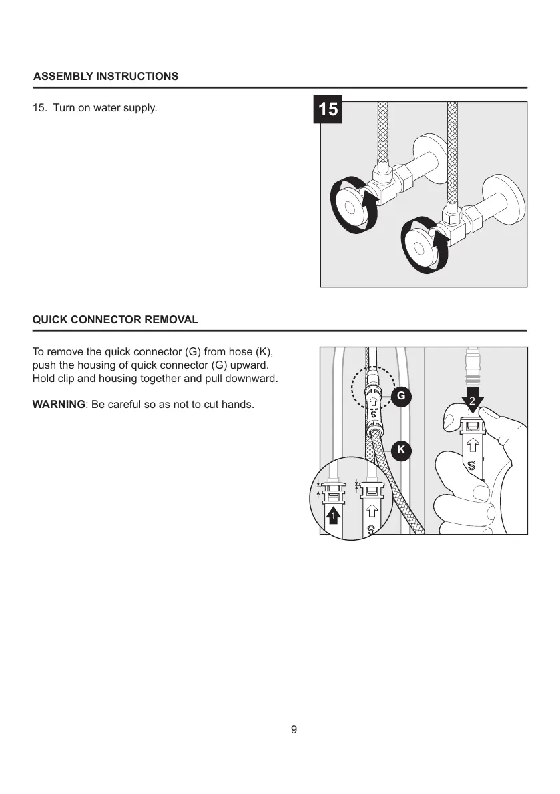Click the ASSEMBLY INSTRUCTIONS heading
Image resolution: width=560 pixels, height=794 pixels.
[x=105, y=76]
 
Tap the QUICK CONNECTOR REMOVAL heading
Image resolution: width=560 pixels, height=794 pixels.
[x=115, y=319]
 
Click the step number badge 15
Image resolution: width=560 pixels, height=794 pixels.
[x=328, y=109]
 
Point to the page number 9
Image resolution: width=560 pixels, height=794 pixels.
[x=294, y=729]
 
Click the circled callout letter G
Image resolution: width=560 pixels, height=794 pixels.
[x=400, y=396]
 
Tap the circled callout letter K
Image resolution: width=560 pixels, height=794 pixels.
[x=400, y=451]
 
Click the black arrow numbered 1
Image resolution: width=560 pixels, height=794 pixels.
[x=334, y=516]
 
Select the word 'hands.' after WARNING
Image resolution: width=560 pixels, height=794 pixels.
[x=238, y=404]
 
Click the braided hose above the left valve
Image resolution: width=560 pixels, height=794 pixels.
[x=384, y=133]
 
